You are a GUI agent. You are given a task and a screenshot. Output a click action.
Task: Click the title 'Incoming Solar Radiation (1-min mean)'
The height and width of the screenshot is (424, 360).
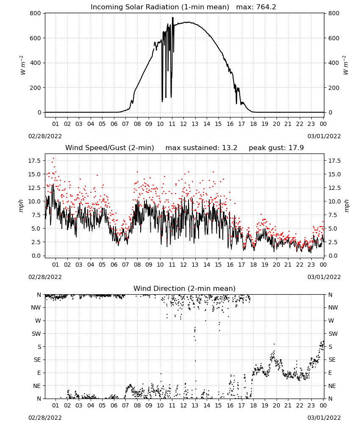(x=160, y=7)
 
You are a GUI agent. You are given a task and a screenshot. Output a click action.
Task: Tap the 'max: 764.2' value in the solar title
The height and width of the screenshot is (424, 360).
(x=256, y=7)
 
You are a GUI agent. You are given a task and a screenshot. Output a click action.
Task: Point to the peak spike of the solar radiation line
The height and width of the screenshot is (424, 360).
(x=172, y=18)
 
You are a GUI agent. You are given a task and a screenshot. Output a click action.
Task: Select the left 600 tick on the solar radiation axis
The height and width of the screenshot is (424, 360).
(x=36, y=38)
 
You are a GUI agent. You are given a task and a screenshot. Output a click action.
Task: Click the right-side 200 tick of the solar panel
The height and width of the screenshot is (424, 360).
(x=334, y=88)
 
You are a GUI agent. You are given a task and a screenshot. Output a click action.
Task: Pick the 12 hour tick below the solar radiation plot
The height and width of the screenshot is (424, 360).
(x=184, y=124)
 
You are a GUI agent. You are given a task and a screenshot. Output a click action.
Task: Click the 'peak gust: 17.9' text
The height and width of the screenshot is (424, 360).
(x=276, y=148)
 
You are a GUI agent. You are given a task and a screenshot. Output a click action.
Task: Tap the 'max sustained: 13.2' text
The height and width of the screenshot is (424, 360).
(x=202, y=148)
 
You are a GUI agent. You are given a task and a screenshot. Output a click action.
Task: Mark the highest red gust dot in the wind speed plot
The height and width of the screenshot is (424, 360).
(x=53, y=158)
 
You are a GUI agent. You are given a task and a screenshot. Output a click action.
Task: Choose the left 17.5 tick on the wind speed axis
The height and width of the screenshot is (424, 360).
(x=34, y=161)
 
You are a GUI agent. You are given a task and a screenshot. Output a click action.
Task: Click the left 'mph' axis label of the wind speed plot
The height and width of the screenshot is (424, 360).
(x=21, y=206)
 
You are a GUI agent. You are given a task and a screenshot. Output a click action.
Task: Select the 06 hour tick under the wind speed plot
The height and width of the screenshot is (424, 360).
(x=114, y=265)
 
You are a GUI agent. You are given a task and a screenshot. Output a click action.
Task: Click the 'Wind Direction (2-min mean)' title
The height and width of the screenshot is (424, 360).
(x=185, y=288)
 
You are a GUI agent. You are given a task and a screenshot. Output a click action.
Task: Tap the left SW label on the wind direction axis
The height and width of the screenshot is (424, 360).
(x=36, y=334)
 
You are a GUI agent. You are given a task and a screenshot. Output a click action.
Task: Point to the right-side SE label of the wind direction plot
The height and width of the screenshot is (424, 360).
(x=332, y=360)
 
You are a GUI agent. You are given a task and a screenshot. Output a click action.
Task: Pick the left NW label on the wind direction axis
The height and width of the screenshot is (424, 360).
(x=36, y=307)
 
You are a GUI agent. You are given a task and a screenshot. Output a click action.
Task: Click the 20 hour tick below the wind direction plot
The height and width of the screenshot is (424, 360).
(x=276, y=405)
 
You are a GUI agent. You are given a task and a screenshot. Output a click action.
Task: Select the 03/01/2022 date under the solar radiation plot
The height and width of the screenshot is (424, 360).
(x=324, y=136)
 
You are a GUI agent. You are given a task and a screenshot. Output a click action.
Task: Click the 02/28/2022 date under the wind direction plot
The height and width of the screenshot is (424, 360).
(x=45, y=418)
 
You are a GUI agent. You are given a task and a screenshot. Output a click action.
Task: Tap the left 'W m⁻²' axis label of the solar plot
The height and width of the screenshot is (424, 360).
(x=22, y=65)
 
